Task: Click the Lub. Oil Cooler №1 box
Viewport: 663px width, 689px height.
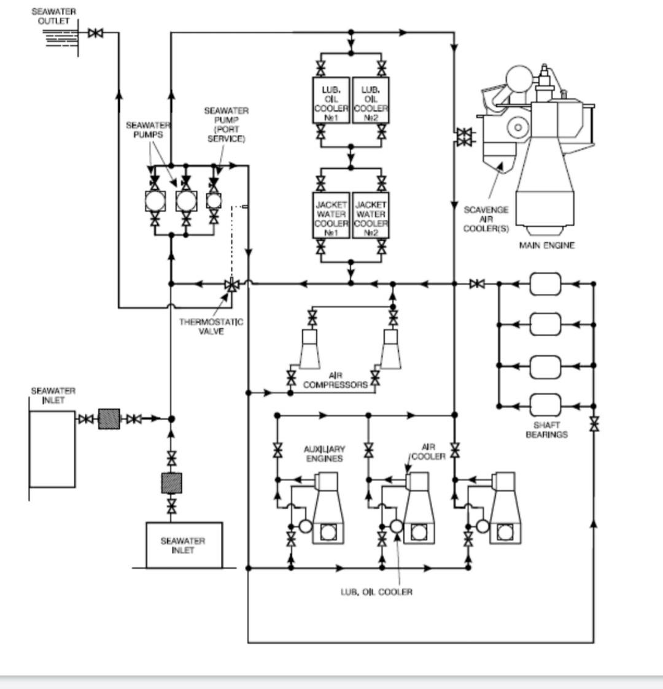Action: (331, 100)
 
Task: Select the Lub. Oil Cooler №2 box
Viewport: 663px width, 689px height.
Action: (371, 100)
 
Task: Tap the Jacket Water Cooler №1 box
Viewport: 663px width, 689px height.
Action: (331, 215)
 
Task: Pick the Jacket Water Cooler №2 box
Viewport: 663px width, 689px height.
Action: (371, 215)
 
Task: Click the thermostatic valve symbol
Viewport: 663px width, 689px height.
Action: (231, 285)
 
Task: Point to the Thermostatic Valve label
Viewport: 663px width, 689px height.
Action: (211, 326)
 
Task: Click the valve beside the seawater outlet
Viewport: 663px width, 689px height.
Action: (95, 33)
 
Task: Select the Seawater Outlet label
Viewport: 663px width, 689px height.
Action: (53, 16)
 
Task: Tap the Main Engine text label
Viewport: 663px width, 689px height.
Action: (547, 245)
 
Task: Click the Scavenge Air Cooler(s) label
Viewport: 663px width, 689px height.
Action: (486, 219)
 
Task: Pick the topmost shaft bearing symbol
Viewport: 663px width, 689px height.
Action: (545, 284)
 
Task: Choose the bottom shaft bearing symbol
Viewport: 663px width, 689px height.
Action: (545, 405)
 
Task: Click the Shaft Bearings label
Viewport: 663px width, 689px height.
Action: (546, 429)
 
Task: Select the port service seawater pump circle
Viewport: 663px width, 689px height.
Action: (214, 201)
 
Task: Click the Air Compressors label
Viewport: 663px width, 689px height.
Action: (335, 380)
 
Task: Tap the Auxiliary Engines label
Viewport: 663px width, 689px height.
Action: (325, 453)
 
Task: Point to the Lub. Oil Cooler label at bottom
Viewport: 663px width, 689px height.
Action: (377, 592)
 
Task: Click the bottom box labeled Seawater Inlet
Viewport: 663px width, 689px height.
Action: (184, 545)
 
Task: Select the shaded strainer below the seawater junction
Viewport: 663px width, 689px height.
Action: (171, 483)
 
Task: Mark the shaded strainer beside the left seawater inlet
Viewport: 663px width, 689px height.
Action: (109, 419)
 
